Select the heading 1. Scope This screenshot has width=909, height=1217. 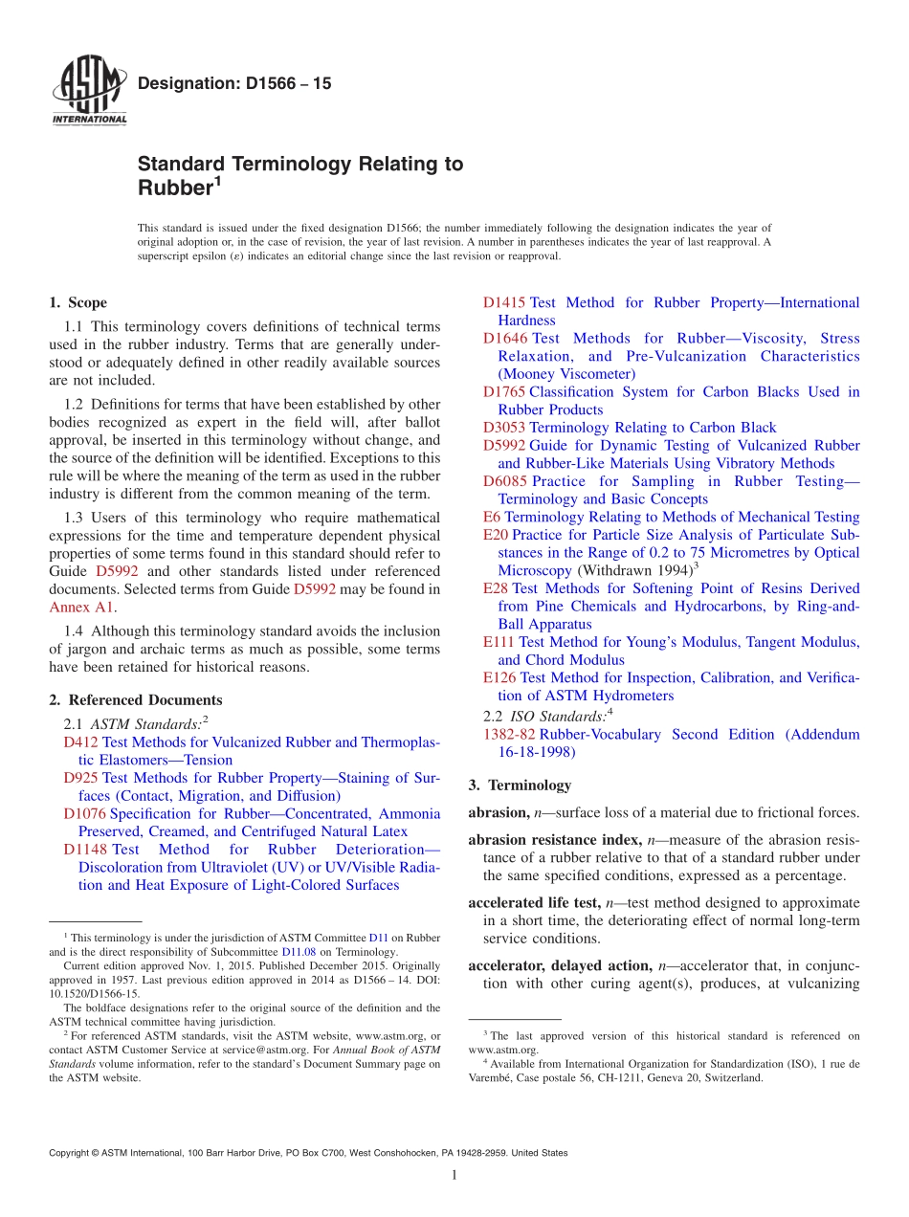[x=78, y=303]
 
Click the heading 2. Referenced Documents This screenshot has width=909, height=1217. [x=135, y=700]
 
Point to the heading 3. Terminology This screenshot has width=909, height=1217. [x=520, y=786]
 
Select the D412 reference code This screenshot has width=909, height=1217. [x=80, y=742]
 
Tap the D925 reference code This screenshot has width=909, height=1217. [x=80, y=778]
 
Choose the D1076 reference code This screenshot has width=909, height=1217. [x=84, y=814]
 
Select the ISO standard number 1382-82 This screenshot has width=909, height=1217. [x=509, y=735]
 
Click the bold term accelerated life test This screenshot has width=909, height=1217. [x=531, y=903]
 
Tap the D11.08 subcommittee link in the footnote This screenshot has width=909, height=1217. [x=298, y=953]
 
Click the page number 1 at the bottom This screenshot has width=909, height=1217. [x=454, y=1175]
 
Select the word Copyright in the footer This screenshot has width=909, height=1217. [x=73, y=1153]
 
